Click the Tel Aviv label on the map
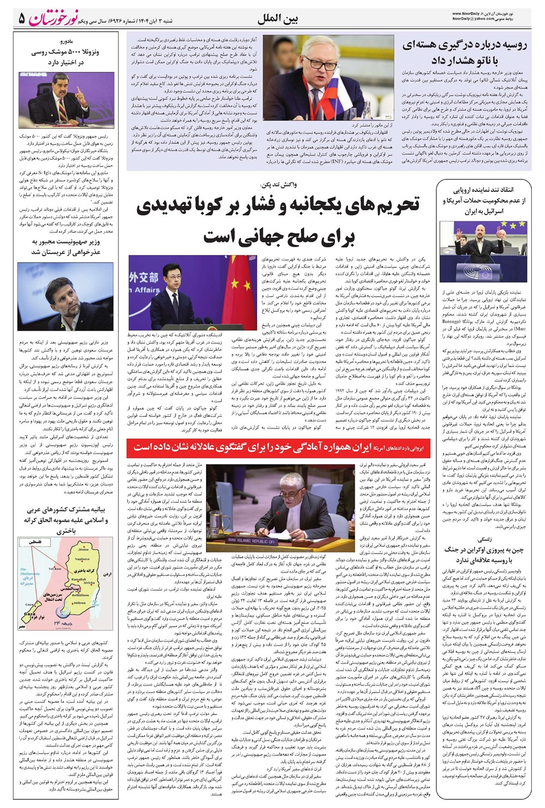[55, 568]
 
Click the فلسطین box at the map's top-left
[33, 542]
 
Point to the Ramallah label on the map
[79, 579]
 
